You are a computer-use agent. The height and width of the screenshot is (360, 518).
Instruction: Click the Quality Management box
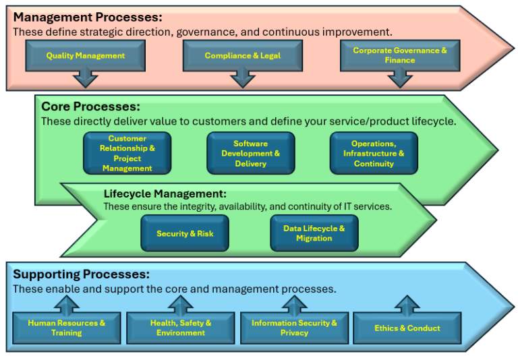(86, 56)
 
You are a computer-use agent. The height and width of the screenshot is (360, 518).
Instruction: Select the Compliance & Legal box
(243, 56)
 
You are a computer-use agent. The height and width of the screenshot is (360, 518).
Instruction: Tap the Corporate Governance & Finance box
(400, 56)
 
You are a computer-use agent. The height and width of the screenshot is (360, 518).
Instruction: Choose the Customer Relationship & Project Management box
(127, 153)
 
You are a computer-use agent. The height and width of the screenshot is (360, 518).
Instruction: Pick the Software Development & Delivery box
(251, 153)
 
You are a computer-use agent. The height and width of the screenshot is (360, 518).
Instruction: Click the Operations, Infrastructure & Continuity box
(374, 153)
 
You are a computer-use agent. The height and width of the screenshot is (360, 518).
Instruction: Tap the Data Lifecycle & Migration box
(314, 233)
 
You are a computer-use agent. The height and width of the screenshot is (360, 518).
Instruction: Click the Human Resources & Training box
(67, 328)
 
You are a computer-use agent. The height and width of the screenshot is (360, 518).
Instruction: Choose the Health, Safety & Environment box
(181, 328)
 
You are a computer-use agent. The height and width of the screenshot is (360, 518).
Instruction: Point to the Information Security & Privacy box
(295, 328)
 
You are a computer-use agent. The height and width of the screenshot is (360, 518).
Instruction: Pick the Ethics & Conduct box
(407, 328)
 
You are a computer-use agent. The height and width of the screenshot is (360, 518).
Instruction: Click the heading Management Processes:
(88, 18)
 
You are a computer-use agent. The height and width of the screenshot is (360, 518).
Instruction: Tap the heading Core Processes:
(90, 107)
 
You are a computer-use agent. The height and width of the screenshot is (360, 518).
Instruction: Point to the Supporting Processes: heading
(81, 274)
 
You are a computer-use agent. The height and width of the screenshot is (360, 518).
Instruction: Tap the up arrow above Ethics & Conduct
(407, 303)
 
